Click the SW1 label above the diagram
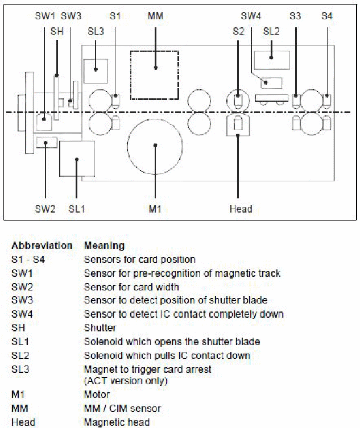45,16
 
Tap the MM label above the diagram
155,16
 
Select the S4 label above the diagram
326,16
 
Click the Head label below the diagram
241,209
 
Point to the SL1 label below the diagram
76,209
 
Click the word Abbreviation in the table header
42,246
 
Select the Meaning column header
104,246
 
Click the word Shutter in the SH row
100,327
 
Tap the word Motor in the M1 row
97,394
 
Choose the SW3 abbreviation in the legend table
22,300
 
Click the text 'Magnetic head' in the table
117,422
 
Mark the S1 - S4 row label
28,259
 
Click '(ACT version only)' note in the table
126,381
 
